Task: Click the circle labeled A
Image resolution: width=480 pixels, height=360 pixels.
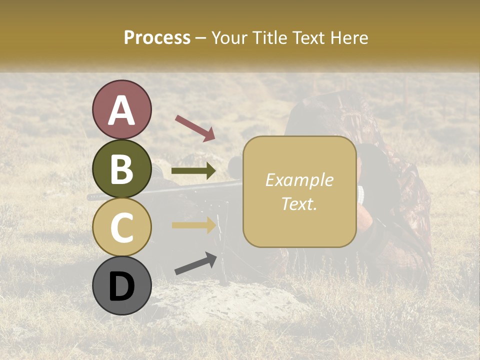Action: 122,109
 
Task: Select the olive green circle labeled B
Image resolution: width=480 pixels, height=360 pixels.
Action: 122,168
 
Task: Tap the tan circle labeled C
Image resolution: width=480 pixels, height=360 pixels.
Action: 122,227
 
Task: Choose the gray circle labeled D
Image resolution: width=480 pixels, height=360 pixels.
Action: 122,286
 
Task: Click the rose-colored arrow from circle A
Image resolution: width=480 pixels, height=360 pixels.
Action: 194,128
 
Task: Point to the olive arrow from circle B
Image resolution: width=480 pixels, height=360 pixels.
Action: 193,171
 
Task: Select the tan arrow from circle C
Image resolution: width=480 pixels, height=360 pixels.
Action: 193,225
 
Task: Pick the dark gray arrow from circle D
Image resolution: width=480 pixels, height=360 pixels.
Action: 195,263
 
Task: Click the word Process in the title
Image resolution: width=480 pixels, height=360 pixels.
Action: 157,38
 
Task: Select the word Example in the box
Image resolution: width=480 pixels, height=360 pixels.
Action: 299,180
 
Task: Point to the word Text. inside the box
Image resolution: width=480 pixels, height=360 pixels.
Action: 299,204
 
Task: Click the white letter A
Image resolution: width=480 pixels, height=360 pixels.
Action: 122,110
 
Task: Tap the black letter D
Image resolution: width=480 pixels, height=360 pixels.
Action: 122,286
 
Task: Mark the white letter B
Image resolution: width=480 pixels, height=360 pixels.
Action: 122,169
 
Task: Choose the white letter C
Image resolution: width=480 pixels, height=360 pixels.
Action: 122,228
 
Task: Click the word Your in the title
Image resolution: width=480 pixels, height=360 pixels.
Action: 228,38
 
